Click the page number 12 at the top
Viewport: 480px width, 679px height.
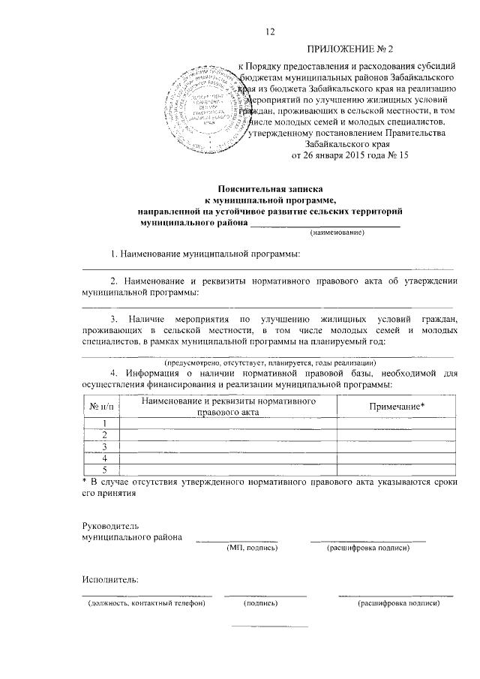271,31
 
